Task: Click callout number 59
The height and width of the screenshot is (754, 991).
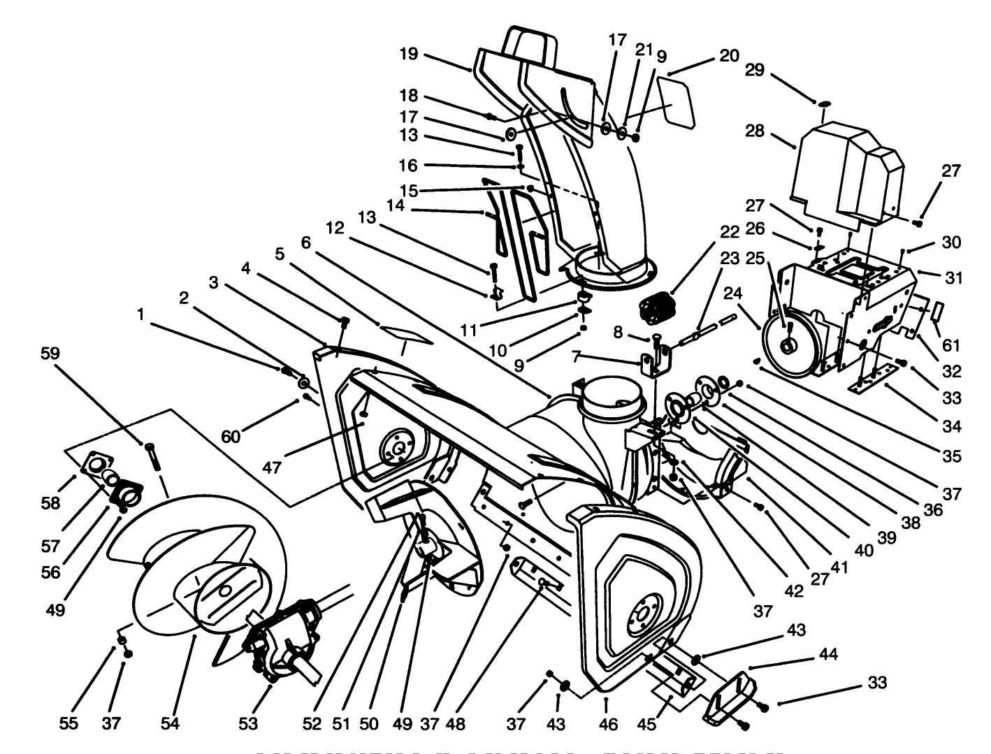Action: coord(50,354)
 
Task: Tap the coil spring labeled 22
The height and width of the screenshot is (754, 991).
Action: coord(655,308)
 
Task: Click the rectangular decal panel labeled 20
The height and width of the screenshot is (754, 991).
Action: coord(675,103)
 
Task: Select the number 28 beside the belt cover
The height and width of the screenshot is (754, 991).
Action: coord(755,131)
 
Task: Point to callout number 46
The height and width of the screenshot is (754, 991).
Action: coord(608,725)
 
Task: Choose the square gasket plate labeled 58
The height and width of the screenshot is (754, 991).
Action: coord(98,465)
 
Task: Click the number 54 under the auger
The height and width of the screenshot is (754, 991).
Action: coord(170,724)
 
